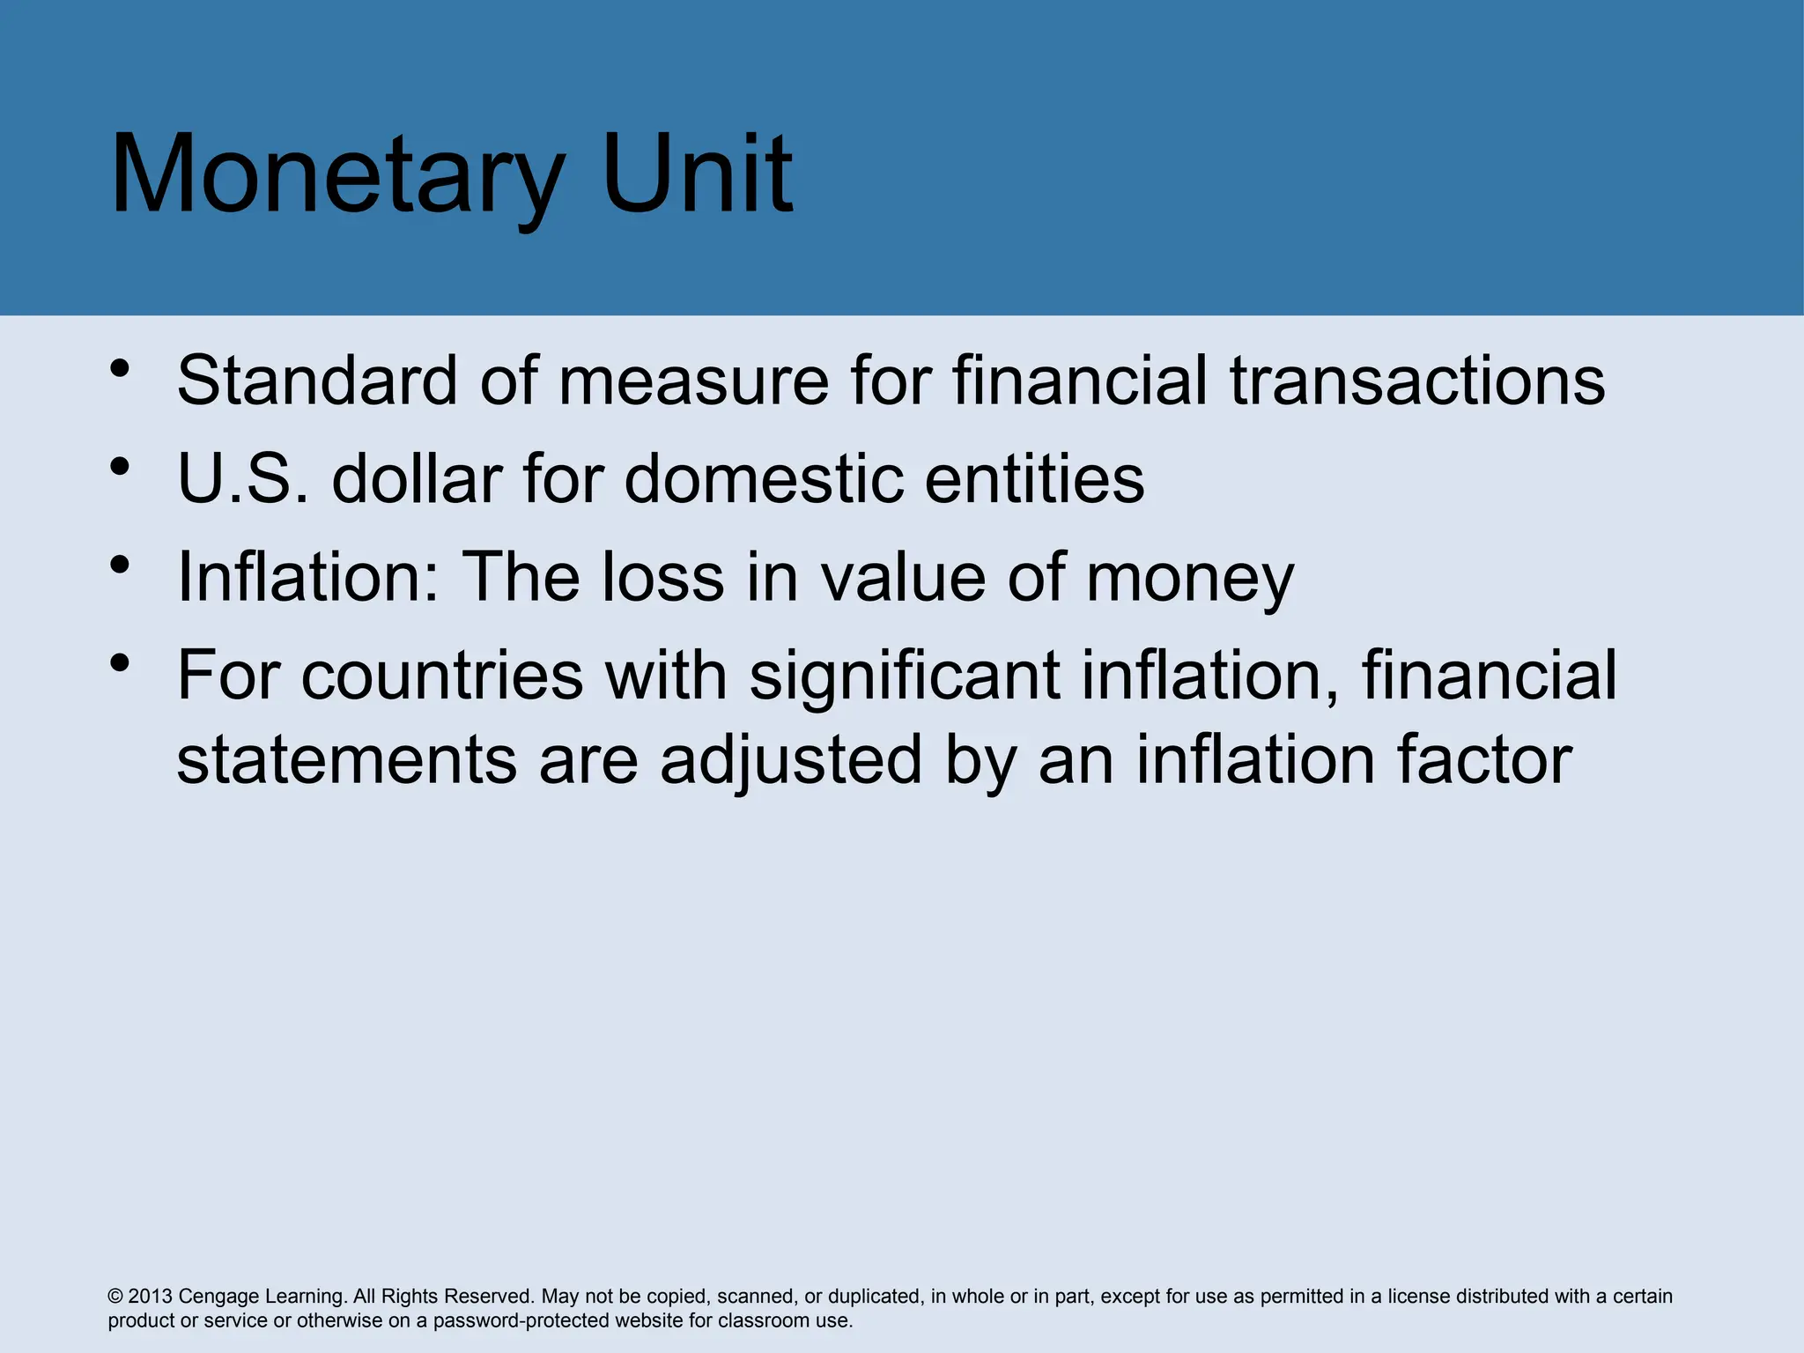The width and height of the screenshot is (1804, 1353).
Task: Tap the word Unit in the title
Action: click(x=699, y=174)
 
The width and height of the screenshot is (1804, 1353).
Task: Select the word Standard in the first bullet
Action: click(x=318, y=381)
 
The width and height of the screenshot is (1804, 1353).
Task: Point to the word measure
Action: click(x=693, y=381)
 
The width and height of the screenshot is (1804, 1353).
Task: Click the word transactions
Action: click(x=1417, y=381)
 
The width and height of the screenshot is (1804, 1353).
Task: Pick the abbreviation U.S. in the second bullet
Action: click(x=243, y=478)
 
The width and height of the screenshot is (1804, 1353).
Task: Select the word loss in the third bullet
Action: click(x=662, y=577)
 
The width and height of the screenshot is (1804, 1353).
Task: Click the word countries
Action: click(x=442, y=676)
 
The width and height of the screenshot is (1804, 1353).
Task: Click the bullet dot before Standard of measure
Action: click(x=121, y=368)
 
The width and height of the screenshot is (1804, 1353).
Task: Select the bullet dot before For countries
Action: click(x=121, y=662)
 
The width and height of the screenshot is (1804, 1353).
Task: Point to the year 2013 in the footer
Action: click(x=151, y=1297)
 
